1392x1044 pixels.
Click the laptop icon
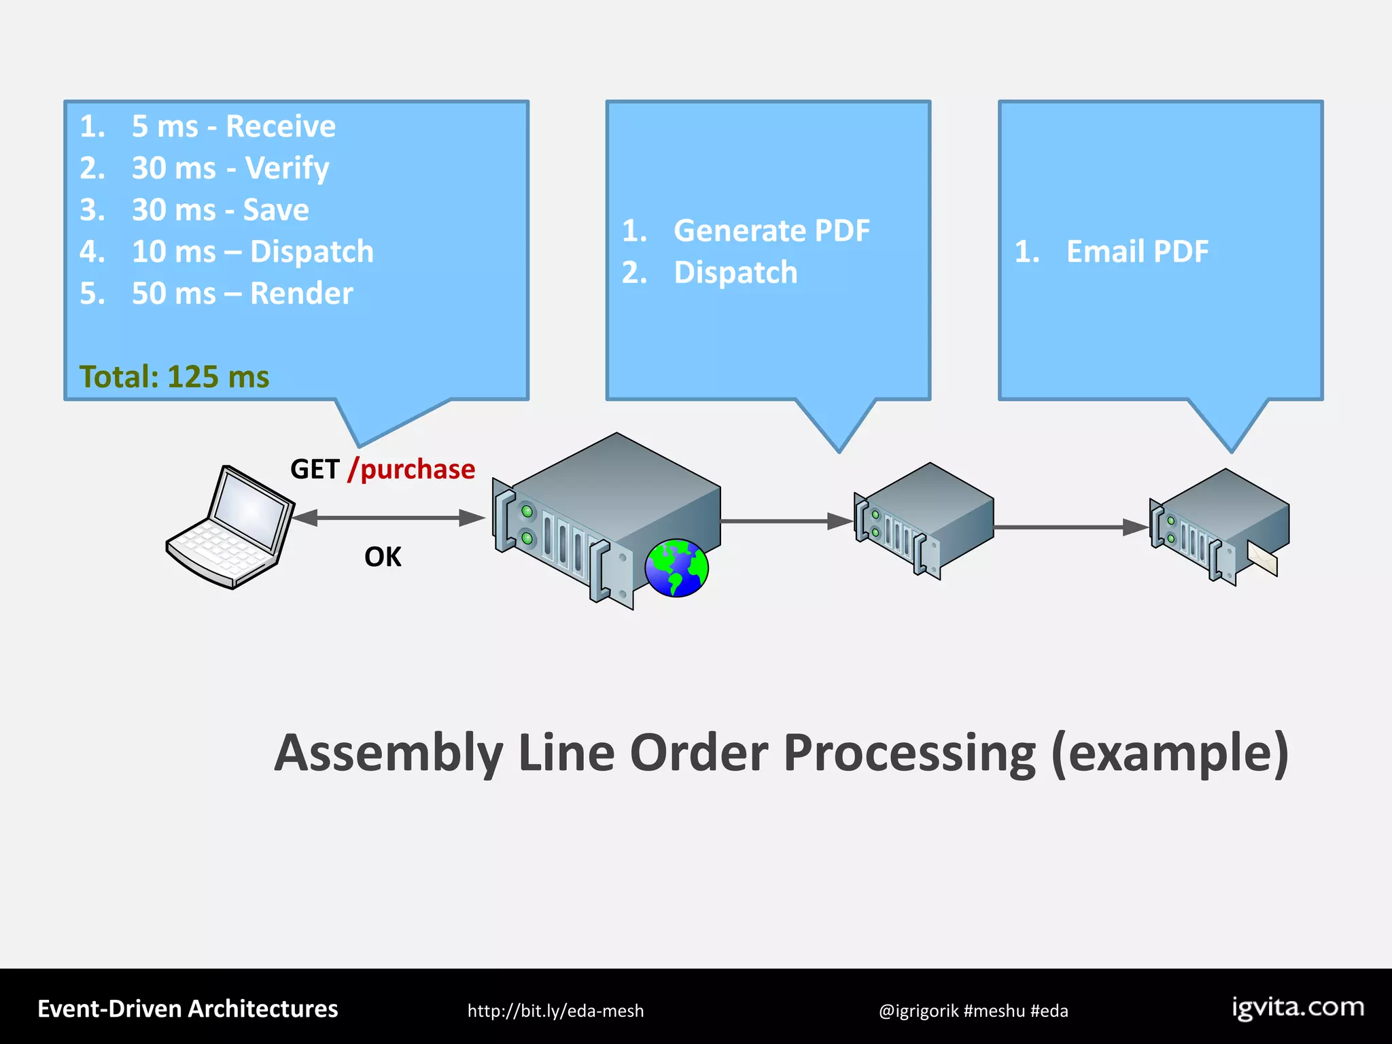tap(230, 527)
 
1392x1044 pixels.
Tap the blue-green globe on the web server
tap(676, 568)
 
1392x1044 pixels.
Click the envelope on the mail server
tap(1263, 559)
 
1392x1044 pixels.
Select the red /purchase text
tap(411, 470)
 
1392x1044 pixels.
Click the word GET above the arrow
tap(315, 470)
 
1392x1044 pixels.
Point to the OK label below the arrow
tap(383, 557)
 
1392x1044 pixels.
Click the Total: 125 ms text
tap(174, 377)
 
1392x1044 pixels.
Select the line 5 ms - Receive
tap(233, 126)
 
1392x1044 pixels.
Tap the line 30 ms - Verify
tap(230, 168)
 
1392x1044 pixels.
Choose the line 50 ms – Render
tap(242, 294)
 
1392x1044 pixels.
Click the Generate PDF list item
tap(771, 231)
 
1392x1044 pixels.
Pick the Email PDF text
tap(1137, 251)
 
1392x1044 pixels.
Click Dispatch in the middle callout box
tap(735, 273)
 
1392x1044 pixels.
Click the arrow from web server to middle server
tap(786, 521)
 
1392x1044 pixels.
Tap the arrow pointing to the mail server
tap(1071, 527)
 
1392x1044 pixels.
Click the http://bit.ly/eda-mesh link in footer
tap(555, 1011)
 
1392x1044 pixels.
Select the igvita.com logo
tap(1298, 1008)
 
